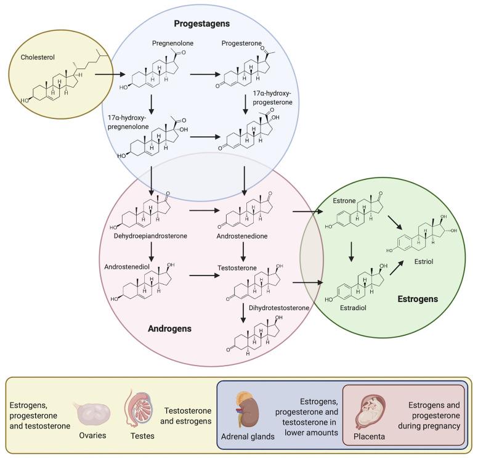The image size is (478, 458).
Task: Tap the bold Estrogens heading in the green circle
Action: tap(417, 299)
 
